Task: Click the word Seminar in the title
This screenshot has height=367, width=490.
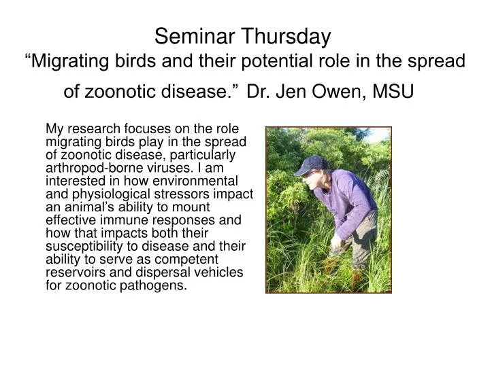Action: click(x=195, y=36)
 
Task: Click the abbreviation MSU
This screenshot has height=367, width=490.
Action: click(x=393, y=91)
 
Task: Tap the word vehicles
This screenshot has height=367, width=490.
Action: click(x=218, y=272)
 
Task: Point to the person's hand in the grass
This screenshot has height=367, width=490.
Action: click(x=336, y=242)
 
